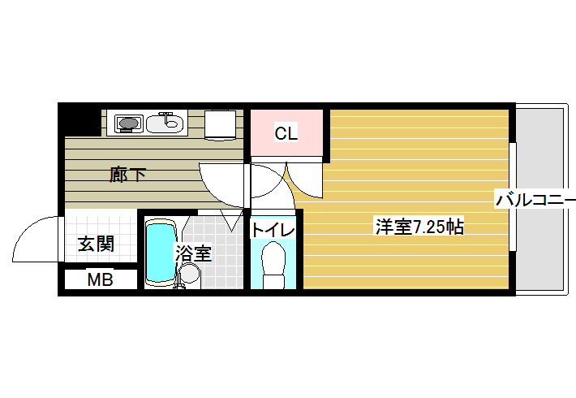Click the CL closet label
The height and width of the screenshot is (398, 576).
pos(286,133)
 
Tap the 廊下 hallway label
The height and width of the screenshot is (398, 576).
pos(128,175)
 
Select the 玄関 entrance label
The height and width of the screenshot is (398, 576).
pos(97,244)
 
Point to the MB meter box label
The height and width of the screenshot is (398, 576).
pos(100,280)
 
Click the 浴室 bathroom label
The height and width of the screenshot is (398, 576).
pos(193,253)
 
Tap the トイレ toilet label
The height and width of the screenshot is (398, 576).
pos(273,230)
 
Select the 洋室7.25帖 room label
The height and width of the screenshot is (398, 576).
pos(419,227)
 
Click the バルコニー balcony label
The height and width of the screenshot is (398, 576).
pos(535,200)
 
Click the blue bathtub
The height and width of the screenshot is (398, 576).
pos(160,253)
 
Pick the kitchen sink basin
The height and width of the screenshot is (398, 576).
pos(165,123)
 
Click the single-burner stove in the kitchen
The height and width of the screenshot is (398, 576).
pos(128,123)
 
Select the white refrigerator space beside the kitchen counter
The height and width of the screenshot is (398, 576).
pos(220,125)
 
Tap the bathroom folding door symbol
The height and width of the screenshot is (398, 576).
pos(231,220)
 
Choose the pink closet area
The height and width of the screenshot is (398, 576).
pos(286,132)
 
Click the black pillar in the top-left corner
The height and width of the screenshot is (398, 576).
pos(80,119)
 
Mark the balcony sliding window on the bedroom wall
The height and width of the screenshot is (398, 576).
pos(513,197)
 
